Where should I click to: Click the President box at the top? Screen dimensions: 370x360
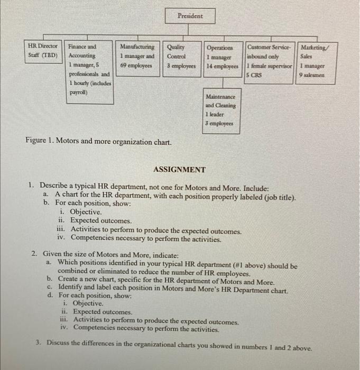point(190,16)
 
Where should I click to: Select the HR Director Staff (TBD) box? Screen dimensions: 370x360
point(44,51)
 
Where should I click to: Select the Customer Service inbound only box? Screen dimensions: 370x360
point(270,61)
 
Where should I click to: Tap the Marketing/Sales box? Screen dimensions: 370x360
point(313,61)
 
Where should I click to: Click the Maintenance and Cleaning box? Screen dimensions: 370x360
point(221,110)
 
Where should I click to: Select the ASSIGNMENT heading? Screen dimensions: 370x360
point(179,170)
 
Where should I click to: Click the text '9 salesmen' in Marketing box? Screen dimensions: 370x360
point(312,75)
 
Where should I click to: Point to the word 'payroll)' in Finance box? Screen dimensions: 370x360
point(79,92)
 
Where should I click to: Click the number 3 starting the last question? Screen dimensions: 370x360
point(39,342)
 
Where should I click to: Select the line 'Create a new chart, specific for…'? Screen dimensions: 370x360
point(166,282)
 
